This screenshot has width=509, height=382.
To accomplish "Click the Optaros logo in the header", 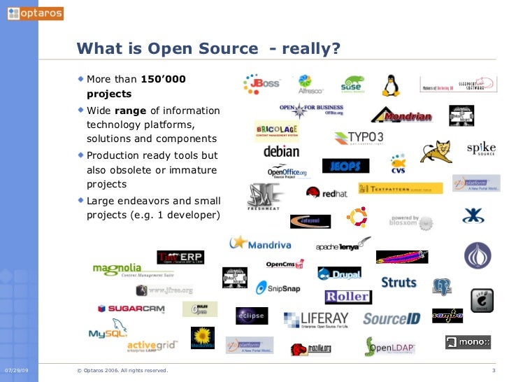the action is [x=35, y=13].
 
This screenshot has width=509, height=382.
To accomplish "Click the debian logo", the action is [x=281, y=151].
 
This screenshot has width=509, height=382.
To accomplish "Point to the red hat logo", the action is [x=326, y=192].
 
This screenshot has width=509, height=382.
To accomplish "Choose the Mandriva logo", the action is [x=261, y=243].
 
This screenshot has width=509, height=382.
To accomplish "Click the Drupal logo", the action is [x=339, y=274].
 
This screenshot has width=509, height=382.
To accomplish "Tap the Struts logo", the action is [x=399, y=283].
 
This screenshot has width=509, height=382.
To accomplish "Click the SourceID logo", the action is [x=392, y=319].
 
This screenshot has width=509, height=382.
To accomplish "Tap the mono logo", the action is [x=468, y=342].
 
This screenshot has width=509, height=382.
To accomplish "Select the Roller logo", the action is [x=347, y=297].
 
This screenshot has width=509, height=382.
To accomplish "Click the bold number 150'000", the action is [x=164, y=80].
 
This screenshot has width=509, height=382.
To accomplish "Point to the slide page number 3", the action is [x=494, y=369].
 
